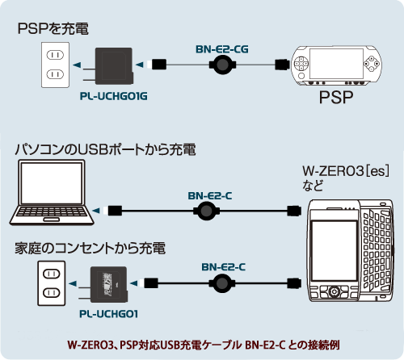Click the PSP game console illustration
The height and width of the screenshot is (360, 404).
click(336, 65)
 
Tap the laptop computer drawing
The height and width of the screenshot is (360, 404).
click(52, 193)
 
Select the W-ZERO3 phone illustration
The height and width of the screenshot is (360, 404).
click(351, 250)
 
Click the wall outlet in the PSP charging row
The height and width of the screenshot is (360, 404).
click(55, 65)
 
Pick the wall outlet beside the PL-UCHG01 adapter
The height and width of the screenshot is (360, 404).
click(52, 283)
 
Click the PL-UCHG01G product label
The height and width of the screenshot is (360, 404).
click(113, 96)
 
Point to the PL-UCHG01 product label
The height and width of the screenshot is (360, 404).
click(108, 314)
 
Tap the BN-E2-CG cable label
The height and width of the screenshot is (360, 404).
click(222, 49)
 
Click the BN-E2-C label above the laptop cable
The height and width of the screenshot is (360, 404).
click(210, 196)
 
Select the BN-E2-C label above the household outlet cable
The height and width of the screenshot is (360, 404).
click(223, 267)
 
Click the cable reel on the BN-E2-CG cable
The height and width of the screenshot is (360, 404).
click(222, 65)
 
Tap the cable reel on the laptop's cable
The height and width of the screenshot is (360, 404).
click(207, 211)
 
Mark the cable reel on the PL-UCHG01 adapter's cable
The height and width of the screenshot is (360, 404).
click(222, 283)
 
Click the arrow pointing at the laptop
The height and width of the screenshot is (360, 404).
click(95, 211)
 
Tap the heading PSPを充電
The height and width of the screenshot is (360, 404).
click(53, 28)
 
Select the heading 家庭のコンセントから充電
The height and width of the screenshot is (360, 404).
click(90, 248)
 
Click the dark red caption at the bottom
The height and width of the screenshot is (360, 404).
click(204, 345)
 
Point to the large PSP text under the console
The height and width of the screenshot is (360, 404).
click(336, 97)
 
